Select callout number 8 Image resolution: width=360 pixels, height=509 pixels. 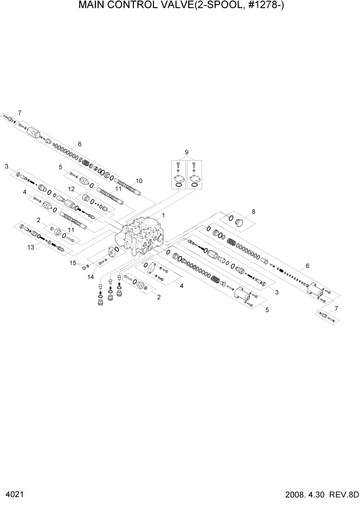click(x=253, y=211)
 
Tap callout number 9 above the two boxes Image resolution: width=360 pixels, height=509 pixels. click(x=187, y=152)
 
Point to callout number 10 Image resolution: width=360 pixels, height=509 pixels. click(x=138, y=181)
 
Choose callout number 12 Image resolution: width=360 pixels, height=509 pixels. click(x=72, y=189)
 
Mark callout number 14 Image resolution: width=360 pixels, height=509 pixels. click(x=90, y=277)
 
